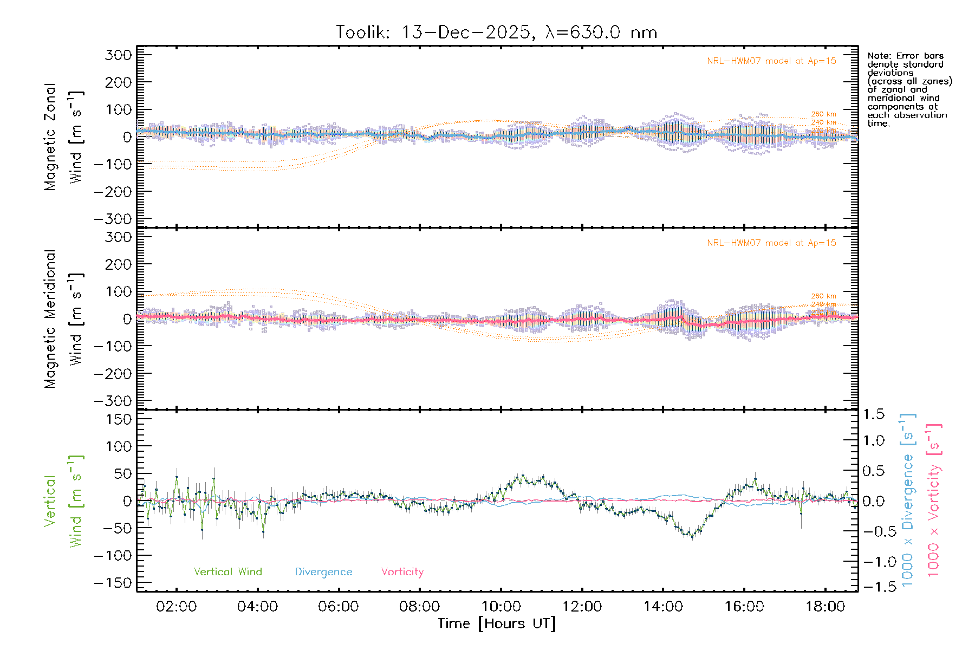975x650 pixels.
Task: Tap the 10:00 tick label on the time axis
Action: (x=501, y=607)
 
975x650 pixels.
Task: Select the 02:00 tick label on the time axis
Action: (x=176, y=607)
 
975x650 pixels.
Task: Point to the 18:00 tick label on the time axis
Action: (x=825, y=607)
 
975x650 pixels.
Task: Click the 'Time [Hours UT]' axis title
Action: (x=497, y=624)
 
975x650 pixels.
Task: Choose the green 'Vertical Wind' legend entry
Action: (x=227, y=572)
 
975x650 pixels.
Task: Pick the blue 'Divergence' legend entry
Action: (x=323, y=572)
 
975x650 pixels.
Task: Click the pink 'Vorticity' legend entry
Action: (x=402, y=572)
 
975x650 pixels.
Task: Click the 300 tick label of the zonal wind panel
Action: (x=118, y=55)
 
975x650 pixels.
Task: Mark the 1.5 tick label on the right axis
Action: (x=874, y=414)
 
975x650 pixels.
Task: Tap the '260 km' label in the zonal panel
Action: (x=823, y=114)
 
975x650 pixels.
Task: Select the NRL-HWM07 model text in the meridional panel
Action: (x=771, y=243)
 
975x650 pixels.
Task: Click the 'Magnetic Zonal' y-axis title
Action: (x=50, y=137)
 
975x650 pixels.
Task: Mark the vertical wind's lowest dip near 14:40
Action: (x=692, y=537)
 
